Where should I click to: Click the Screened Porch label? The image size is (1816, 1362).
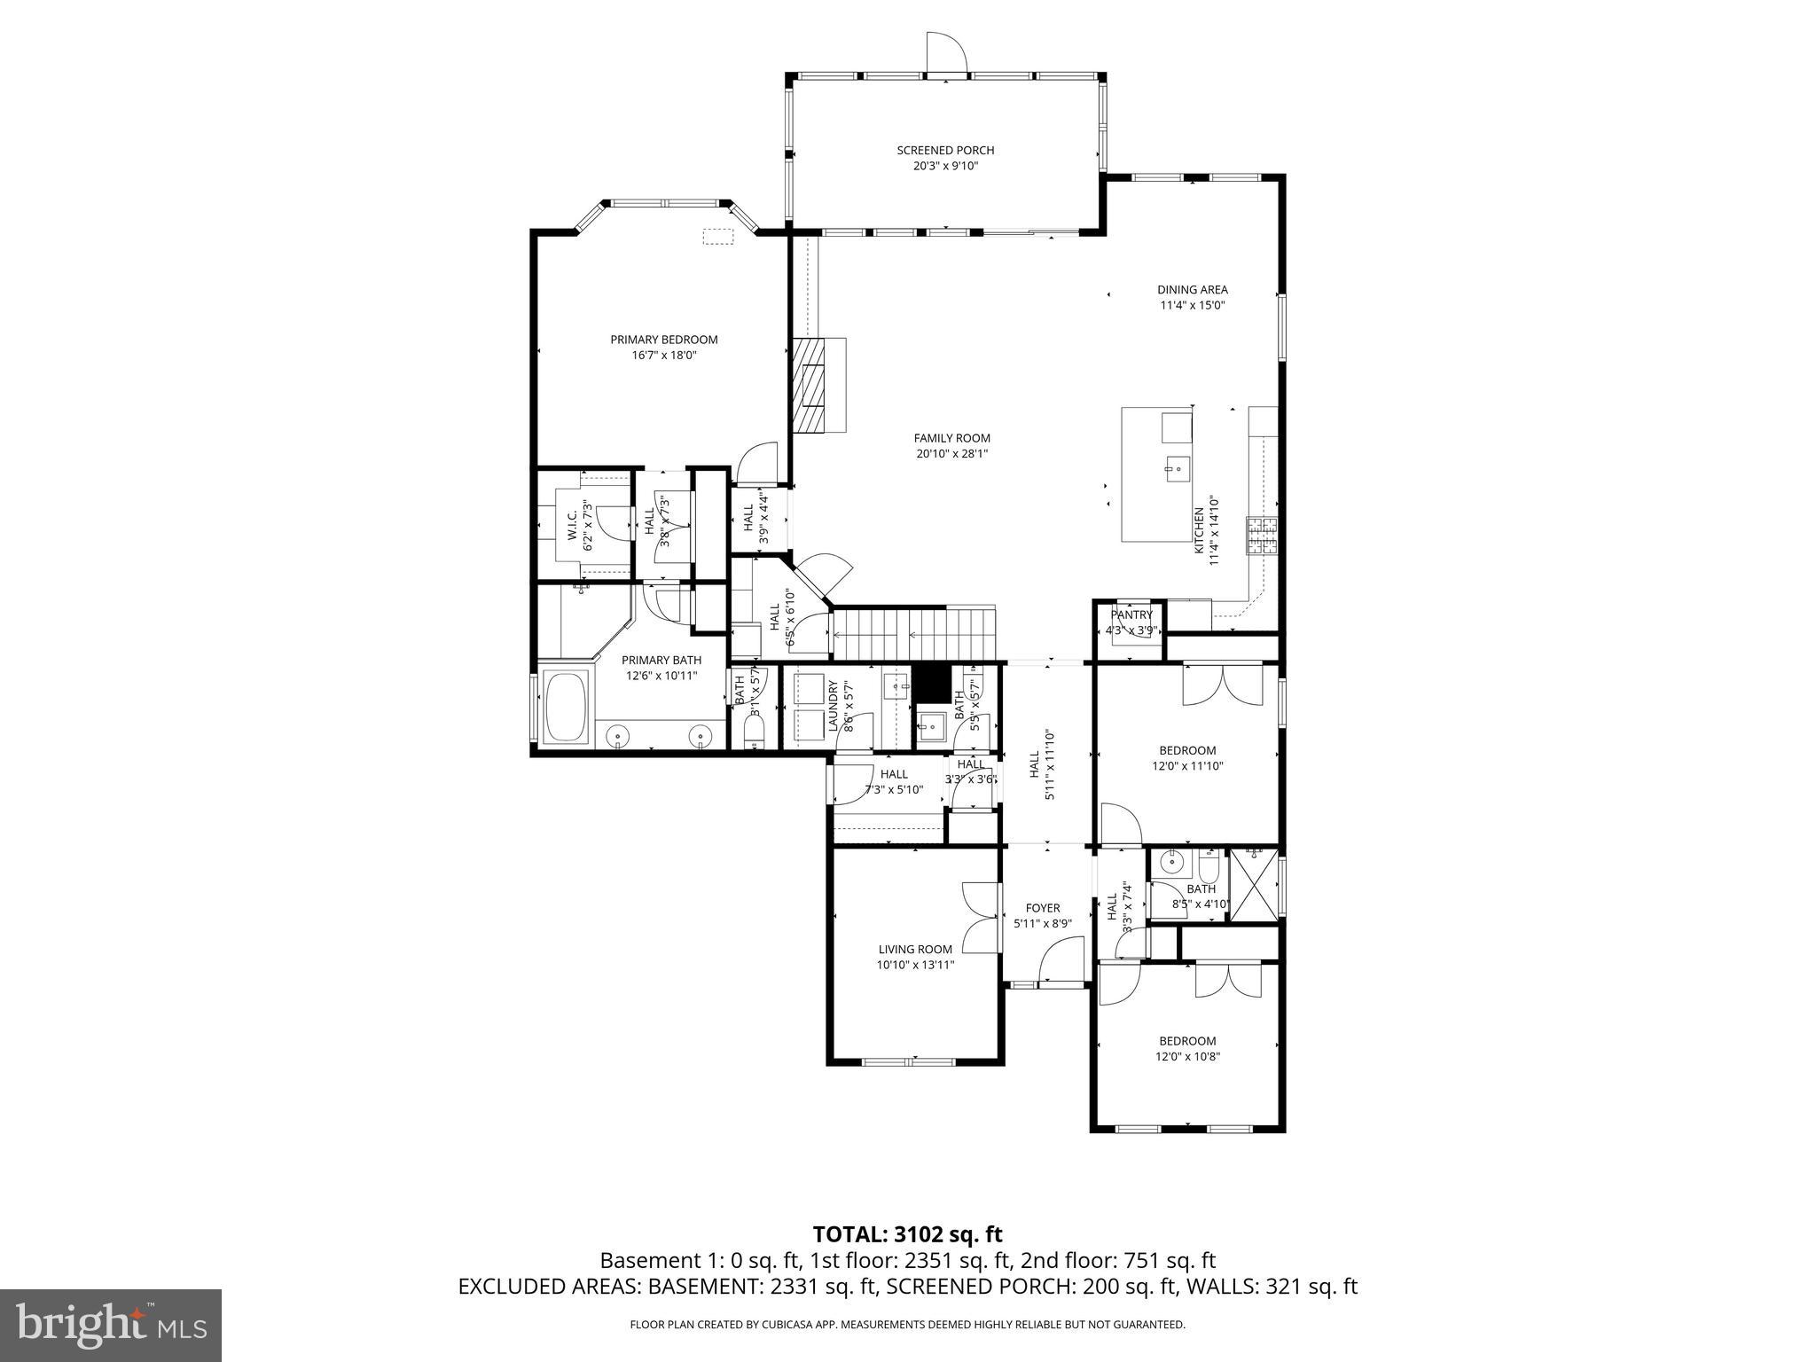(945, 150)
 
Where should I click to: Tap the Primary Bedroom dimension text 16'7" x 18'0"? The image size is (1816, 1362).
(663, 356)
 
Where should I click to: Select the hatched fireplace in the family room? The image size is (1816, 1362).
(809, 386)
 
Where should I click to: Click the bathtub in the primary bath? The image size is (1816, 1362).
(566, 708)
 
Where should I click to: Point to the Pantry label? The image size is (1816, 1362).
(1131, 614)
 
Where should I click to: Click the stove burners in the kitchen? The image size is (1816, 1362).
(1264, 536)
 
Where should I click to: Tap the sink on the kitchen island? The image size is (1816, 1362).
(1177, 466)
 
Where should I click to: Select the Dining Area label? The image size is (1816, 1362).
(1192, 289)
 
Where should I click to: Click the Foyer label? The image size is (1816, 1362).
(1043, 908)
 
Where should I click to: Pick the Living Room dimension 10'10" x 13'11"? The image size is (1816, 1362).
(915, 965)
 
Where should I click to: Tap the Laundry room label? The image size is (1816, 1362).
(833, 707)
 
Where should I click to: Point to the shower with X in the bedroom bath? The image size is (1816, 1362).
(1253, 886)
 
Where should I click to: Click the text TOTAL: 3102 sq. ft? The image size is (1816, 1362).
(907, 1233)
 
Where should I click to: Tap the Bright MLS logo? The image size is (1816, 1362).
(111, 1326)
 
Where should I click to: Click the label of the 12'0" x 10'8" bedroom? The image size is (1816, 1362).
(1187, 1041)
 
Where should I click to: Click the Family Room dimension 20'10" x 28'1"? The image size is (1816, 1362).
(951, 454)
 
